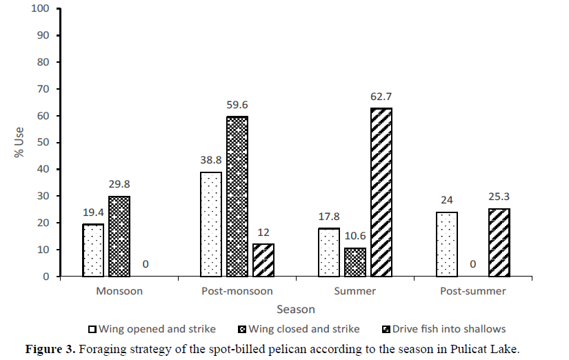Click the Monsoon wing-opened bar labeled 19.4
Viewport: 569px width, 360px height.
click(x=93, y=250)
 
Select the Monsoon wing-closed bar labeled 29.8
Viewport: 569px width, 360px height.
click(x=119, y=236)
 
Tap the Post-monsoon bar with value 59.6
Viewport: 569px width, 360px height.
click(x=237, y=196)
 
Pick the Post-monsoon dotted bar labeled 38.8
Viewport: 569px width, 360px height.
click(x=211, y=224)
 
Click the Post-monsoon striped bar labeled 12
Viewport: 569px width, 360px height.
click(x=263, y=260)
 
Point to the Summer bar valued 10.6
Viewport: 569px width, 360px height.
click(x=355, y=262)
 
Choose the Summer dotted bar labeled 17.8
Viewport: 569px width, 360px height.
click(x=329, y=252)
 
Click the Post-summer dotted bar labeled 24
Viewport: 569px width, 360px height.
click(x=446, y=244)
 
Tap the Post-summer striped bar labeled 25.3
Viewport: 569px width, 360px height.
click(x=499, y=242)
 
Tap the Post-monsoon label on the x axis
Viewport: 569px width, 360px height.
click(x=237, y=291)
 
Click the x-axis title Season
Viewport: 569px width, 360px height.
click(x=296, y=310)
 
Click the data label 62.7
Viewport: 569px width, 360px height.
click(x=381, y=97)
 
